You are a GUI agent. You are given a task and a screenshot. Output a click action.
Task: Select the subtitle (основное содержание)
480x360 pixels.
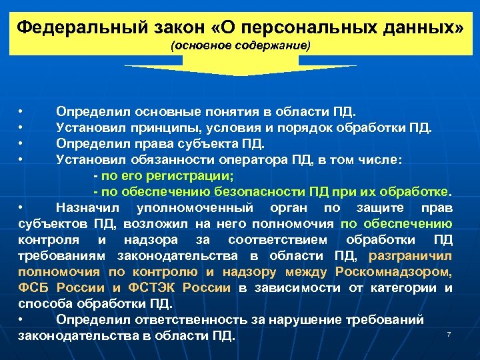241,47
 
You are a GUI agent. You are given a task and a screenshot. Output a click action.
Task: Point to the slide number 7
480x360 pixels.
449,333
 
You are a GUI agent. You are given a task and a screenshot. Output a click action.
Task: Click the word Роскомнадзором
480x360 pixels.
403,272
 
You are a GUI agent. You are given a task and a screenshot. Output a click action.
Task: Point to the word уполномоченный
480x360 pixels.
187,207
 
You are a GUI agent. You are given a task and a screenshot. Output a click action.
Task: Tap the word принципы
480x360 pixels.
161,127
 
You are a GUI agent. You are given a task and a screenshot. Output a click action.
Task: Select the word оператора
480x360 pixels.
255,159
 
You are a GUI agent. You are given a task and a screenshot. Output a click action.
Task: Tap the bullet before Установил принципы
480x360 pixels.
21,127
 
